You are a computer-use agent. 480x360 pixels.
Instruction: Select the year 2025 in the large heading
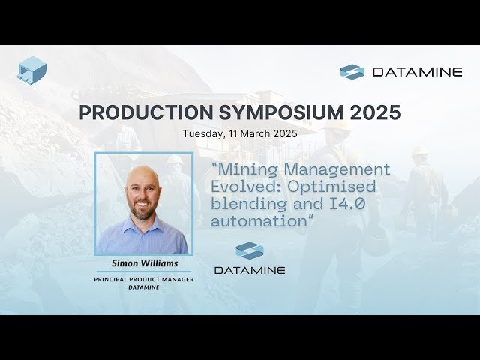coord(373,112)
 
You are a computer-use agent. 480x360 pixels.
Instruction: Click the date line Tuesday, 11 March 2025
coord(240,133)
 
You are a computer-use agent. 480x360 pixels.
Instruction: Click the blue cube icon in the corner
coord(32,69)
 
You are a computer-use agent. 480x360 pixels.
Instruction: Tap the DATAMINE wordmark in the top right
coord(416,72)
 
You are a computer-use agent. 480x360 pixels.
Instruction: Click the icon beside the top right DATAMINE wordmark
coord(352,72)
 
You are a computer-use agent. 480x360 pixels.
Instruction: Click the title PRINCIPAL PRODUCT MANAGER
coord(143,279)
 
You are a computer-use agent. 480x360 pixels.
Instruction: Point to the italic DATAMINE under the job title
coord(143,286)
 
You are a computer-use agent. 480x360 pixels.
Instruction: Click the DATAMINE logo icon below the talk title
coord(249,251)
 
